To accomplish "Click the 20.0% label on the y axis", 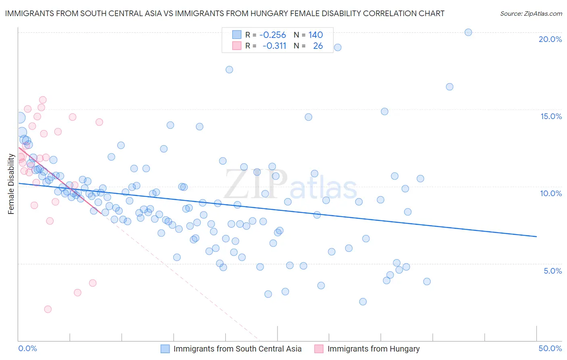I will (x=550, y=39).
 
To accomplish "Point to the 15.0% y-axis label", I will (x=551, y=116).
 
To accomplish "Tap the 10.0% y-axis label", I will (x=551, y=193).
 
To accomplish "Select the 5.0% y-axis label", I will (x=552, y=271).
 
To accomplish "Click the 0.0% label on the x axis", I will (x=27, y=348).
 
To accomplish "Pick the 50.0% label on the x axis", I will (x=550, y=348).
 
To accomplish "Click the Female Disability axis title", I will (x=11, y=184).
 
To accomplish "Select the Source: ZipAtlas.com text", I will (x=531, y=13).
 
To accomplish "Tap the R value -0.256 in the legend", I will (x=273, y=35).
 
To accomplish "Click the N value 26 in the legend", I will (x=318, y=46).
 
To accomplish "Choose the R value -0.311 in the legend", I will (x=274, y=46).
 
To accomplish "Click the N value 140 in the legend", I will (x=315, y=35).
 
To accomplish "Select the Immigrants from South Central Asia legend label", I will (x=237, y=349).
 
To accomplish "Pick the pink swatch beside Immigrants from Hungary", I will (x=319, y=349).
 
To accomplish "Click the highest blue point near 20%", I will (x=468, y=32).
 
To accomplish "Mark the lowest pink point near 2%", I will (x=48, y=309).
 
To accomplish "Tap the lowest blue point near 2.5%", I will (x=363, y=301).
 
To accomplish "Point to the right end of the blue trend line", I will (x=536, y=237).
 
